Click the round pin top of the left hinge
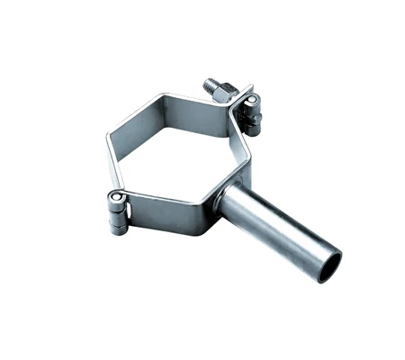[x=115, y=197]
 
